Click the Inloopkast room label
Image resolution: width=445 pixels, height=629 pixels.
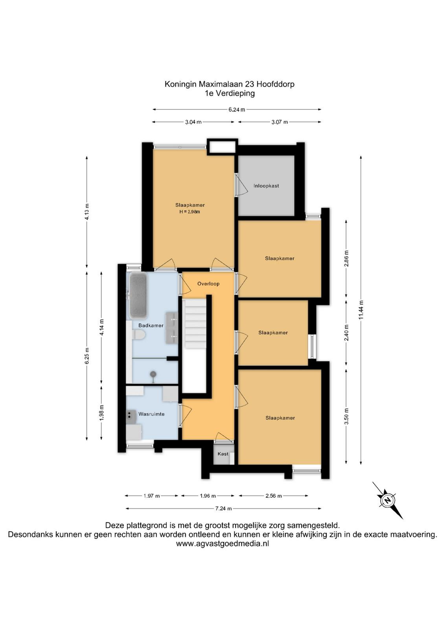(x=266, y=186)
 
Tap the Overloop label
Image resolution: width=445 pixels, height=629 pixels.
(x=208, y=283)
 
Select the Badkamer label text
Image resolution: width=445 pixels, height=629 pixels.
(x=151, y=326)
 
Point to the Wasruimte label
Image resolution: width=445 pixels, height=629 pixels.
(x=151, y=414)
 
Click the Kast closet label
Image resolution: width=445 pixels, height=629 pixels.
(x=223, y=454)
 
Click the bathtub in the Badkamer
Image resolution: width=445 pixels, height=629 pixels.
(x=138, y=295)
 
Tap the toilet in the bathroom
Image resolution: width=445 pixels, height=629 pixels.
(x=139, y=335)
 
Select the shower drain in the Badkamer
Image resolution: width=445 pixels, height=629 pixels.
(x=153, y=374)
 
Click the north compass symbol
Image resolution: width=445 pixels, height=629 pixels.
(x=388, y=500)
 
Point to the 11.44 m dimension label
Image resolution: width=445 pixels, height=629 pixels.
(x=361, y=310)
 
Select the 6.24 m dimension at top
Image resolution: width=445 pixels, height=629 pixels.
(x=237, y=110)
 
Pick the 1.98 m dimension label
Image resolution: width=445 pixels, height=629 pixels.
(x=102, y=412)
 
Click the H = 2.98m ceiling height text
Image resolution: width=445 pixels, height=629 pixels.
(x=190, y=212)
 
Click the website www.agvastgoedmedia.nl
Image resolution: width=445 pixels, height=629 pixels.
(x=222, y=543)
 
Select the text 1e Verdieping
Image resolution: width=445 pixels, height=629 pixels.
(x=229, y=93)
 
